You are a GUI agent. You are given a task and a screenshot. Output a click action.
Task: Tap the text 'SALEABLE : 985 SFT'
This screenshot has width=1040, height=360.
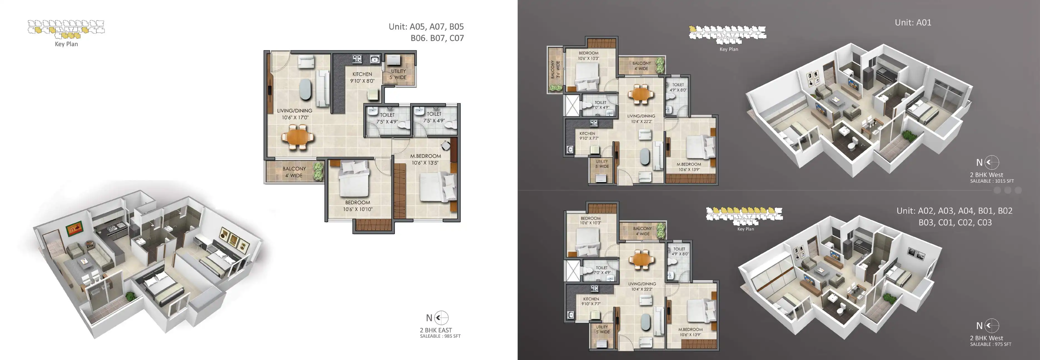pos(440,336)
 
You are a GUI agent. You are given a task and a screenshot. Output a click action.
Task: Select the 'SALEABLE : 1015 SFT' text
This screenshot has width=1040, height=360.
pos(992,181)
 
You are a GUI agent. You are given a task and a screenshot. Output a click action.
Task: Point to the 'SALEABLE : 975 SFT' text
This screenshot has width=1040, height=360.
pos(991,344)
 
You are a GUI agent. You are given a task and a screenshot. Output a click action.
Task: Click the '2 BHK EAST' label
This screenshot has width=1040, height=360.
pos(436,330)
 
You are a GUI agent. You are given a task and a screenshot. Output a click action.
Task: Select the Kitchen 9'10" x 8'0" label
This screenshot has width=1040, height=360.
pos(362,77)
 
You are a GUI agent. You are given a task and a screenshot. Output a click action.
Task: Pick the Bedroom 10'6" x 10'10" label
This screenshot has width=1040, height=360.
pos(358,206)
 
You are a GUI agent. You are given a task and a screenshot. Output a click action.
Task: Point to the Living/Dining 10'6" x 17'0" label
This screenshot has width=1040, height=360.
pos(295,114)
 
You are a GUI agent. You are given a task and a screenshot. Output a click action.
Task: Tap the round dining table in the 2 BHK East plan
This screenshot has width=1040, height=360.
pos(298,137)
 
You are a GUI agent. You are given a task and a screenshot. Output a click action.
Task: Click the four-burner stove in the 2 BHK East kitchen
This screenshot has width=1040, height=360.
pos(357,59)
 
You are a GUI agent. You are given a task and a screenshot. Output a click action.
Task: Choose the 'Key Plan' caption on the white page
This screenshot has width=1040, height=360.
pos(66,44)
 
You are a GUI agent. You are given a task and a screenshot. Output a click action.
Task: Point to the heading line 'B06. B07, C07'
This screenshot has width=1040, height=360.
pos(437,38)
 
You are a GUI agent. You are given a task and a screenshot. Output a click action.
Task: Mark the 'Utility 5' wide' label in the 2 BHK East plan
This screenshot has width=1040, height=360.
pos(398,74)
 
